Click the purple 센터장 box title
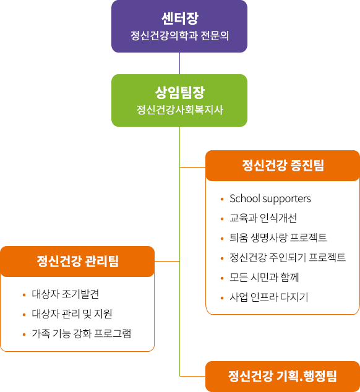[180, 19]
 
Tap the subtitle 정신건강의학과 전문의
[179, 36]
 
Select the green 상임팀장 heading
[180, 93]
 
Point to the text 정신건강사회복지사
[179, 110]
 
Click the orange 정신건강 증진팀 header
[283, 166]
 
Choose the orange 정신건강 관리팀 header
[77, 262]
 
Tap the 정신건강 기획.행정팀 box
[283, 377]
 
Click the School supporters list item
[270, 198]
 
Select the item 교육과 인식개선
[263, 218]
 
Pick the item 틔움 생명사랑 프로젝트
[278, 238]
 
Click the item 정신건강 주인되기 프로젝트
[288, 257]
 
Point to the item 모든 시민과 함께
[265, 277]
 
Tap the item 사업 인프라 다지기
[269, 297]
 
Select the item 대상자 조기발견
[66, 294]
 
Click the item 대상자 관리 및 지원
[72, 313]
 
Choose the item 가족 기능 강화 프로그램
[81, 333]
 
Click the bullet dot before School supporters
[222, 199]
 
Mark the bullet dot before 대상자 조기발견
[24, 295]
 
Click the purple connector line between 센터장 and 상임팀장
[179, 63]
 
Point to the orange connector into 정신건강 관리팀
[167, 262]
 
